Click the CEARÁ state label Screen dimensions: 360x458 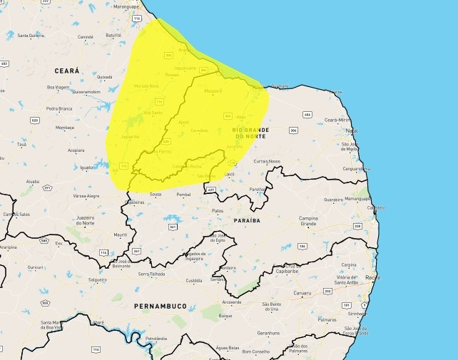pos(66,71)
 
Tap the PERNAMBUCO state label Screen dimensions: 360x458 pos(161,306)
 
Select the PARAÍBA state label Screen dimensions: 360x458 pos(246,221)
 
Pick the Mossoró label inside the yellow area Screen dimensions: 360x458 pos(213,91)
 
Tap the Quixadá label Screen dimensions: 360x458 pos(104,77)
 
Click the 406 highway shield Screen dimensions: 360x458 pos(307,114)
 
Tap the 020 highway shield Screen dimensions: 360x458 pos(34,120)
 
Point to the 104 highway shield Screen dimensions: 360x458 pos(302,246)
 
